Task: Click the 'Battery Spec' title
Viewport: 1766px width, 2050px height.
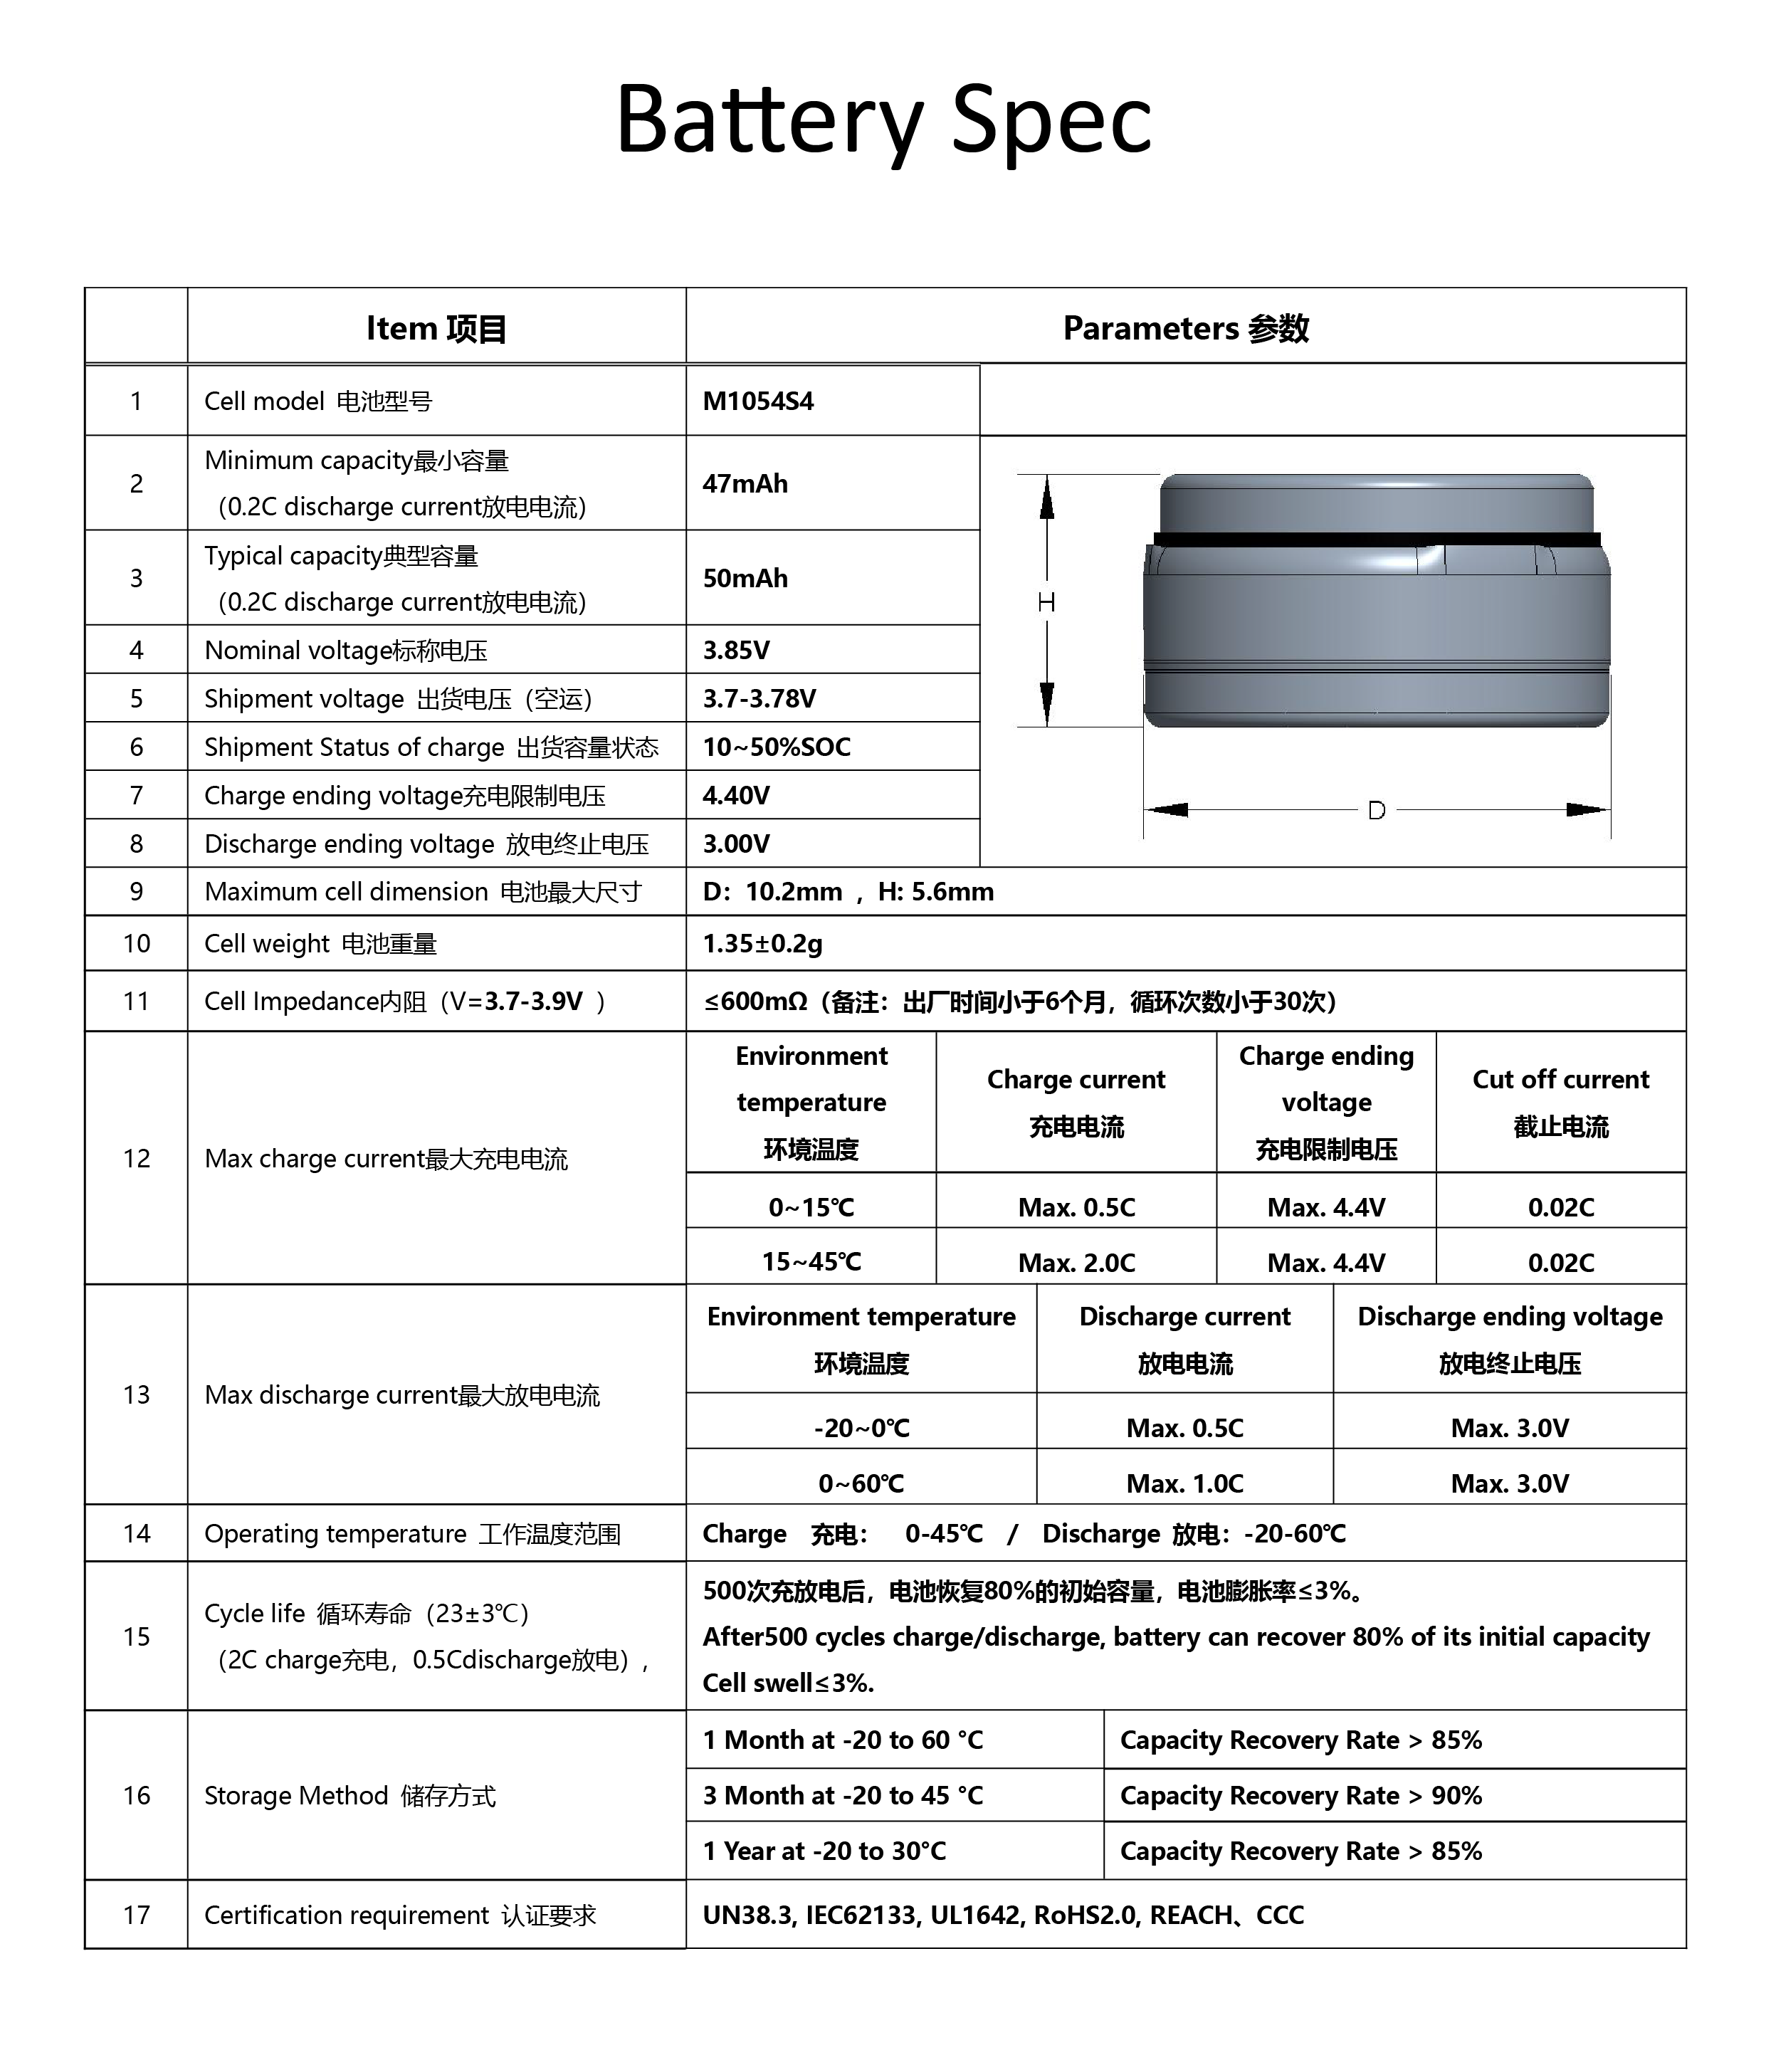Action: click(x=883, y=121)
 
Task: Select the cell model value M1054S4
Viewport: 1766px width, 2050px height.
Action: click(x=758, y=401)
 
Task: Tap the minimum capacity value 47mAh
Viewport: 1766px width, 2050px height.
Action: click(x=745, y=484)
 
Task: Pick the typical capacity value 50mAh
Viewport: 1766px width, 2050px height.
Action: click(x=745, y=579)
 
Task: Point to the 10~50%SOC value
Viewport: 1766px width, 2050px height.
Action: click(x=777, y=747)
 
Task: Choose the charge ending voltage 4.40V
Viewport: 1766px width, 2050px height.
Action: click(x=736, y=796)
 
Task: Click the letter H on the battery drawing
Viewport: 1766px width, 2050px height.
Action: click(x=1046, y=602)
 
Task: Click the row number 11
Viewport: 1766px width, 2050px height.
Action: click(x=137, y=1002)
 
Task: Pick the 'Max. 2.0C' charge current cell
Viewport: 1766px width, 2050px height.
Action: click(x=1076, y=1263)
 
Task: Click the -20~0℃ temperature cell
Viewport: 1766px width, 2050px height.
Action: click(x=861, y=1429)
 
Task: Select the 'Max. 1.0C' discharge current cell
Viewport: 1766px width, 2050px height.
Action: click(x=1184, y=1484)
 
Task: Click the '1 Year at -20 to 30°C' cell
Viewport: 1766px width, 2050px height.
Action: click(x=824, y=1851)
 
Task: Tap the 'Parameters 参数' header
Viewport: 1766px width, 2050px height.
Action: click(x=1185, y=328)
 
